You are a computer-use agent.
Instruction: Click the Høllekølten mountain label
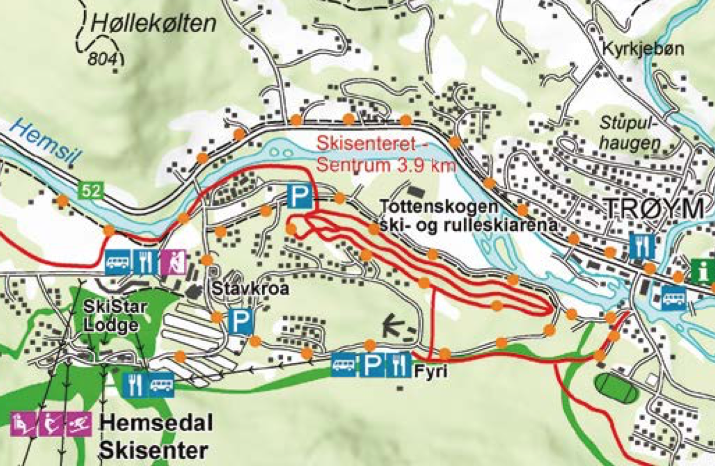click(x=154, y=23)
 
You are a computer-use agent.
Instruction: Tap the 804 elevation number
click(x=102, y=59)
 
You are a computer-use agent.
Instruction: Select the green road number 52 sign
click(x=91, y=191)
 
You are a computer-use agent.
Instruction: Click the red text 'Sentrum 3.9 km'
click(x=386, y=165)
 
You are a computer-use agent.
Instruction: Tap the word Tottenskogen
click(x=439, y=207)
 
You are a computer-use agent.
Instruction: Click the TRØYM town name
click(x=655, y=209)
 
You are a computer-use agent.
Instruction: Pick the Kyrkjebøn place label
click(x=643, y=49)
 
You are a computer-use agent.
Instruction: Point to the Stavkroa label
click(x=251, y=289)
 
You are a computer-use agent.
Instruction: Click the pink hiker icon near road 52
click(x=173, y=262)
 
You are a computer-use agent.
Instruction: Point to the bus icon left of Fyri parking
click(x=344, y=365)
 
